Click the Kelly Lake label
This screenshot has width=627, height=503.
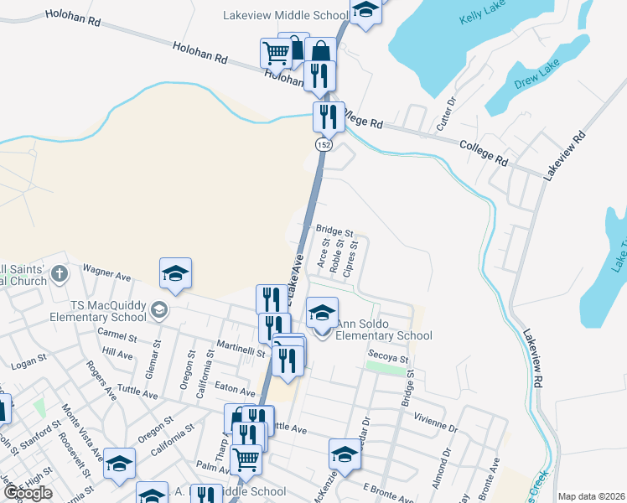point(484,18)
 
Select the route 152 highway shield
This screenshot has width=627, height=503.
point(324,145)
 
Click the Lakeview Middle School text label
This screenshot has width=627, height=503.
point(286,14)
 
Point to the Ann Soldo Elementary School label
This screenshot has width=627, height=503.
point(383,329)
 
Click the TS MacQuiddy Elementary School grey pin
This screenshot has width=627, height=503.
point(158,312)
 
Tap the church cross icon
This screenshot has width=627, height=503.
point(59,273)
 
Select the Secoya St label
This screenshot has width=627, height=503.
point(387,356)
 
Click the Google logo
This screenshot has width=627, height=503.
point(28,492)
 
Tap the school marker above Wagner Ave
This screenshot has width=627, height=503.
point(176,273)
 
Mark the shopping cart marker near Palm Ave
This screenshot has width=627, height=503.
point(246,459)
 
